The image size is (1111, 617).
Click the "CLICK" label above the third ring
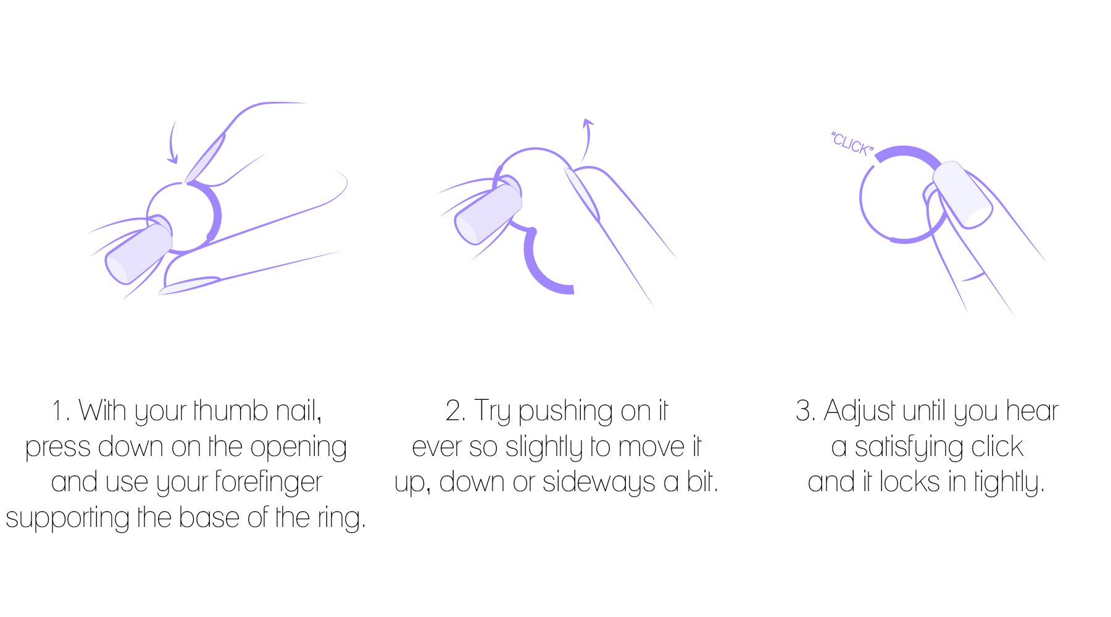[852, 144]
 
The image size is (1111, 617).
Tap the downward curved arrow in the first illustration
[172, 143]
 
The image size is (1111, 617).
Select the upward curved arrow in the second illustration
[587, 139]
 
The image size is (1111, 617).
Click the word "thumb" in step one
[231, 411]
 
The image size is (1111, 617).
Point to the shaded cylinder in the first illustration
[138, 254]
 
